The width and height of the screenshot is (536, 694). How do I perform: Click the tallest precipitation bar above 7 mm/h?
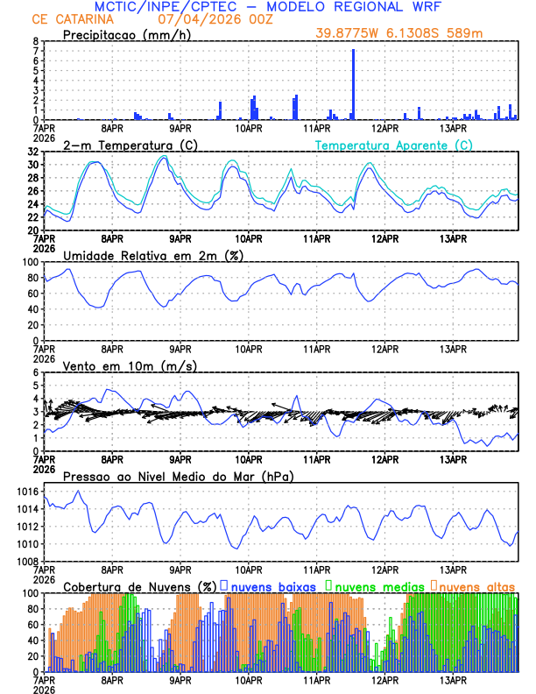353,84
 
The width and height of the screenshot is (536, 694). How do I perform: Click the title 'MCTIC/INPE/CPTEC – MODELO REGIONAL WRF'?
268,7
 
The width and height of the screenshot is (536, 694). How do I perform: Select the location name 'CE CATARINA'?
74,19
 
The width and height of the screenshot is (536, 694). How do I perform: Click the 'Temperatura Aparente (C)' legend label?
394,145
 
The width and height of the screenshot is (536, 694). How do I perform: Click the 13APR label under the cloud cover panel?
453,679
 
